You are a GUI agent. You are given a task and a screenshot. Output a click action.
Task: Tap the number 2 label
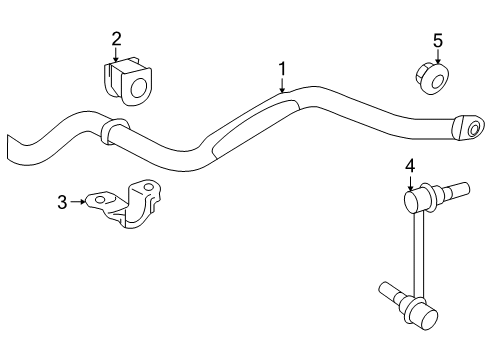116,39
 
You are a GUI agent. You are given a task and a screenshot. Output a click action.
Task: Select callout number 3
62,202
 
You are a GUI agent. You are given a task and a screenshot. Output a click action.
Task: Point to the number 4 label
409,166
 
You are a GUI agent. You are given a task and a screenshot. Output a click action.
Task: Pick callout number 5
436,40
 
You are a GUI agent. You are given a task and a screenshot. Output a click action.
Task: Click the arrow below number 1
282,85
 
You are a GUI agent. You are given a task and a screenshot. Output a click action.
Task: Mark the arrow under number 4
409,184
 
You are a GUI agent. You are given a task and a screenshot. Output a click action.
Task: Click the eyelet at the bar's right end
467,128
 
